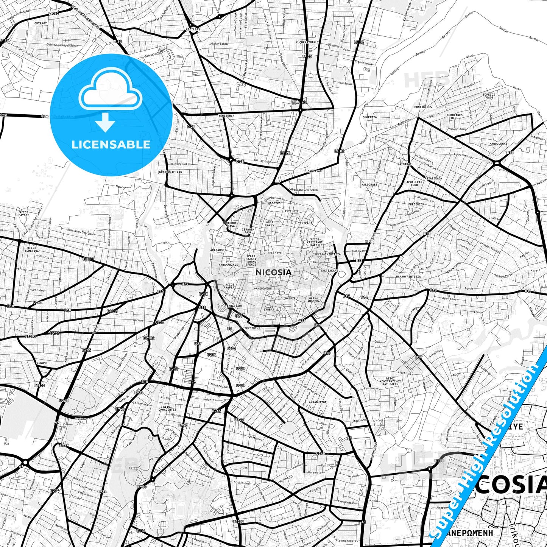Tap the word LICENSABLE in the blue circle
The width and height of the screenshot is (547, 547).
point(111,144)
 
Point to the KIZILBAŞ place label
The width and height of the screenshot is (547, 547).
point(193,29)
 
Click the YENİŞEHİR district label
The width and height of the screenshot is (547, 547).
point(226,115)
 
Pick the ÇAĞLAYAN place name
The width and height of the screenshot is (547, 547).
point(314,171)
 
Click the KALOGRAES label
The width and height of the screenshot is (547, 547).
point(369,185)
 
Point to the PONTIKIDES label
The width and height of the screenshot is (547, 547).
point(423,107)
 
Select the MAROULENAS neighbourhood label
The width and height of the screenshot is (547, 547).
point(498,144)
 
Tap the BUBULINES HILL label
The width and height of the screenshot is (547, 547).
point(454,116)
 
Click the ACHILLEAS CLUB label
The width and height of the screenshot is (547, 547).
point(415,184)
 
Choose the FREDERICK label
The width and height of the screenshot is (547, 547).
point(416,204)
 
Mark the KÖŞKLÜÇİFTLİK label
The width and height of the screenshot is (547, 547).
point(170,172)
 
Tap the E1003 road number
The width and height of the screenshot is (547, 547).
point(88,259)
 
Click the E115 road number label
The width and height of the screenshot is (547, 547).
point(439,461)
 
